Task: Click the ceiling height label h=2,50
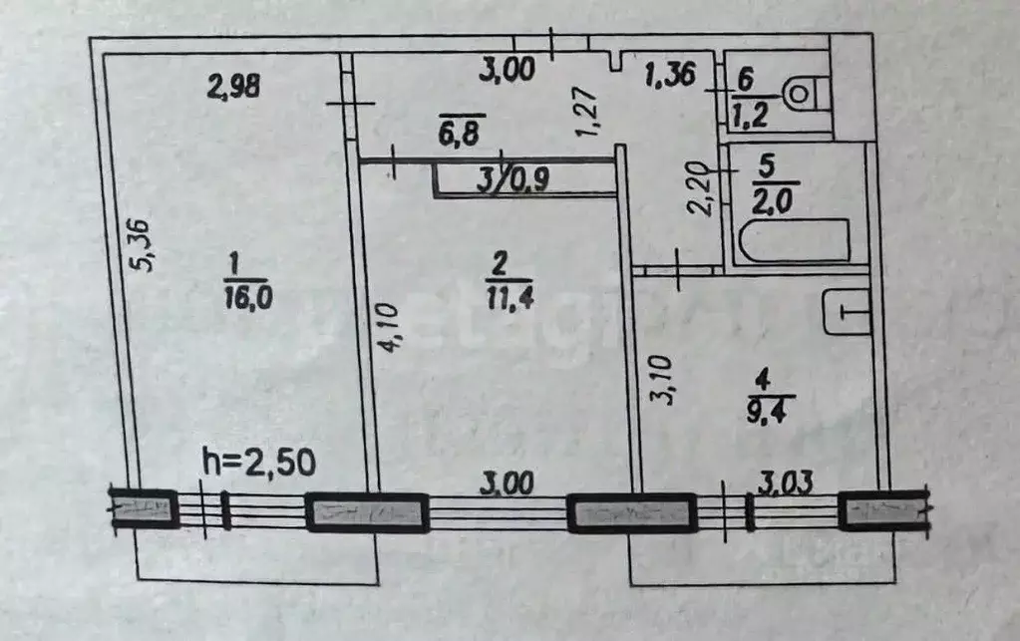point(259,463)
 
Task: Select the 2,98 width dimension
point(233,86)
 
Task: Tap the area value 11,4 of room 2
point(510,298)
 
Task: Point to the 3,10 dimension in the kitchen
point(662,380)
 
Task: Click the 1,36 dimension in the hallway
point(670,74)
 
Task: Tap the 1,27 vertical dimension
point(587,112)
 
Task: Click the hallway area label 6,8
point(459,134)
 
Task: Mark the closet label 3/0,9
point(512,178)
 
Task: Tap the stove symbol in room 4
point(847,313)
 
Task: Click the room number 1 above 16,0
point(234,264)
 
